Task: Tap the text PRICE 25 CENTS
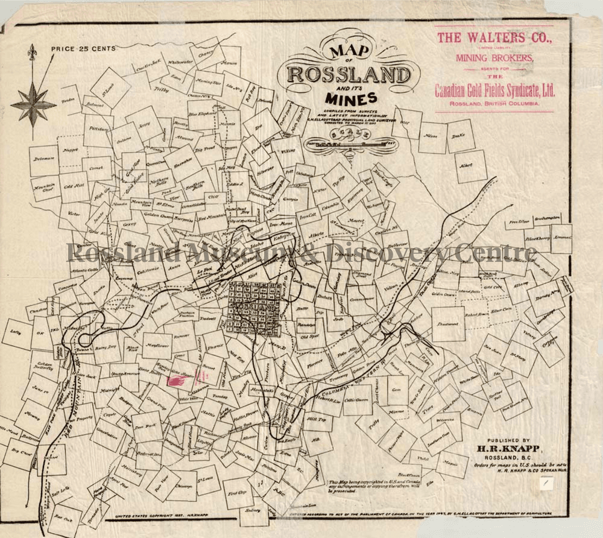coord(83,49)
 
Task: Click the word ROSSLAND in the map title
coord(349,75)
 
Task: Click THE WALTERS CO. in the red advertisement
coord(494,38)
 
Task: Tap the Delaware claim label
coord(44,158)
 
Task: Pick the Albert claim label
coord(465,165)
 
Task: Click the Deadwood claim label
coord(448,324)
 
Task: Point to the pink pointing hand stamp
coord(179,381)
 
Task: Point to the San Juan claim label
coord(492,349)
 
